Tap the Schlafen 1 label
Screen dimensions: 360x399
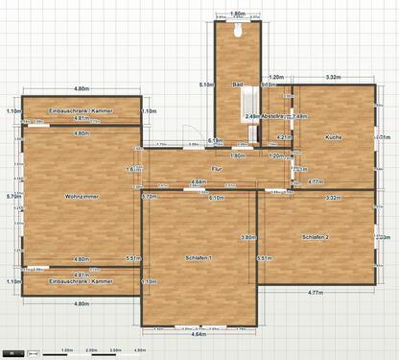click(199, 258)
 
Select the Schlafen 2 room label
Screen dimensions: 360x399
click(315, 236)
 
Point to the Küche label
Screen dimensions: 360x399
click(333, 137)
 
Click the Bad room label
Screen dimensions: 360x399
click(237, 84)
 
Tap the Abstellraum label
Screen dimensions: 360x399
click(275, 116)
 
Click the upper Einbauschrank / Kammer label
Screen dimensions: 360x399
click(81, 110)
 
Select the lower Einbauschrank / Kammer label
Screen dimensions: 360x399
click(81, 281)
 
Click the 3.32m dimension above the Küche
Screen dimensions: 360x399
click(333, 77)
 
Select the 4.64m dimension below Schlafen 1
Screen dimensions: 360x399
click(199, 335)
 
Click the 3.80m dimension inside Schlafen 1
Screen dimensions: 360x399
click(247, 237)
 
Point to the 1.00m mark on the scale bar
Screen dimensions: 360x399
click(66, 350)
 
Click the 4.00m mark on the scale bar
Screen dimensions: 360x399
click(139, 350)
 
